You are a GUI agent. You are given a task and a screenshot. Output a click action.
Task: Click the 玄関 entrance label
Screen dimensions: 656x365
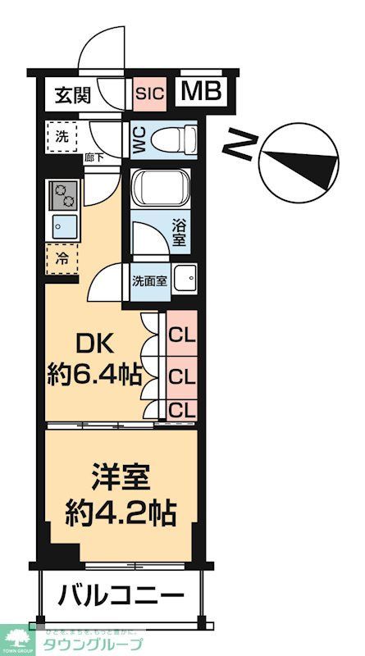(x=73, y=94)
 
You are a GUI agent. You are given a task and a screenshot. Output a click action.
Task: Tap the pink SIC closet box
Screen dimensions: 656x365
(x=150, y=93)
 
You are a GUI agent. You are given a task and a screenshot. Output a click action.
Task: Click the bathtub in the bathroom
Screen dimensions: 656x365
(x=160, y=189)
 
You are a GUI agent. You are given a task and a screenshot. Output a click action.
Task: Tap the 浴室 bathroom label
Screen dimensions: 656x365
(x=179, y=231)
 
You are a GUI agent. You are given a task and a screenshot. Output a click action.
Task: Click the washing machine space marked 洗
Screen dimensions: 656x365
(x=62, y=134)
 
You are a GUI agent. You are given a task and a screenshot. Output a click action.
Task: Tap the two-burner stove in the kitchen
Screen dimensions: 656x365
(x=63, y=195)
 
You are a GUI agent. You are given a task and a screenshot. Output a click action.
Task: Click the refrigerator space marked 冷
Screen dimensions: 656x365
(x=62, y=257)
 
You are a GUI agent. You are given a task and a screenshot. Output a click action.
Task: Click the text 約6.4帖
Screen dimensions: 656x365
(x=92, y=376)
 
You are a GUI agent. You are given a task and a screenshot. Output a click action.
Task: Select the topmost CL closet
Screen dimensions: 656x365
(x=181, y=335)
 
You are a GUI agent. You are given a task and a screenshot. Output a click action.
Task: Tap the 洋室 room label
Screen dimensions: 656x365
(x=121, y=479)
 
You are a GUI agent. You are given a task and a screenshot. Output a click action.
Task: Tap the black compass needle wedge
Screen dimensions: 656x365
(x=317, y=163)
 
